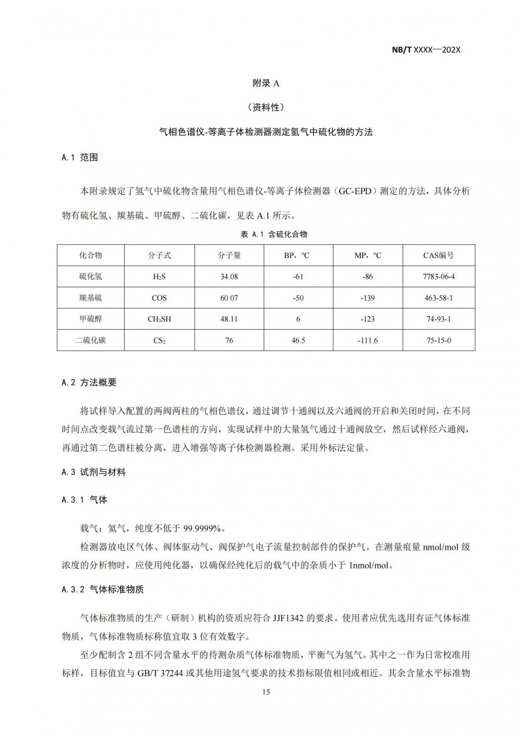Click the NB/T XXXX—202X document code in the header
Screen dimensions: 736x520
click(x=426, y=50)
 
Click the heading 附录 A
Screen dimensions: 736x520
click(x=266, y=83)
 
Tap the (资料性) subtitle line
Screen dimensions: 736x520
click(x=266, y=108)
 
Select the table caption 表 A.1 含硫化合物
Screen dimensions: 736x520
click(x=274, y=234)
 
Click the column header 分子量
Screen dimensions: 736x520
click(x=229, y=255)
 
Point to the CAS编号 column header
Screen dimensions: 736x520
click(x=438, y=255)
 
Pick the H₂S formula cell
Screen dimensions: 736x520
click(x=159, y=277)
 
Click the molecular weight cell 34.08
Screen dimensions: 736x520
click(x=229, y=277)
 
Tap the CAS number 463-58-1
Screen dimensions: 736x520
click(x=438, y=298)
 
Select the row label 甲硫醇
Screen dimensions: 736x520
click(x=90, y=319)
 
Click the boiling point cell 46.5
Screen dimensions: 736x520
click(x=298, y=340)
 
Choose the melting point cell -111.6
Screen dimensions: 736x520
click(x=368, y=340)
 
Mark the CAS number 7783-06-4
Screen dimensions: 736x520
click(x=438, y=277)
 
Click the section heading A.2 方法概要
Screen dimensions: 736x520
click(x=89, y=382)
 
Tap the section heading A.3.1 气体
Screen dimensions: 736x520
click(x=84, y=499)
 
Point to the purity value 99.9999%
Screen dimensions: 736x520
click(x=203, y=528)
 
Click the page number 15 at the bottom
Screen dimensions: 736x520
click(x=266, y=692)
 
